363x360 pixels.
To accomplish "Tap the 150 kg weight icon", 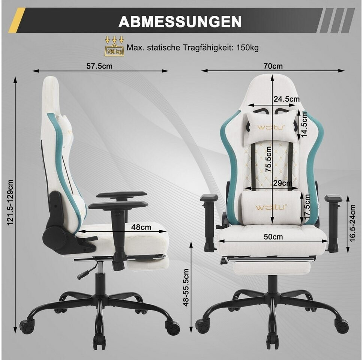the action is pos(114,46).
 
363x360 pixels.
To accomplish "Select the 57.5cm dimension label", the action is pos(99,66).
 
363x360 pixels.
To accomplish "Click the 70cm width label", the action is pos(273,66).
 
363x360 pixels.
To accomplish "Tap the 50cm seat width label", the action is pos(273,237).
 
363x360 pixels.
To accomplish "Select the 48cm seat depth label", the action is pos(141,227).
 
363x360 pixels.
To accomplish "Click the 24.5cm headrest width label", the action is pos(286,99).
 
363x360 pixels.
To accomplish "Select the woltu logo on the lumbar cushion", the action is pos(271,207).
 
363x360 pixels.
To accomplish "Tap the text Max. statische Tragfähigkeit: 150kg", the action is pos(192,48).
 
